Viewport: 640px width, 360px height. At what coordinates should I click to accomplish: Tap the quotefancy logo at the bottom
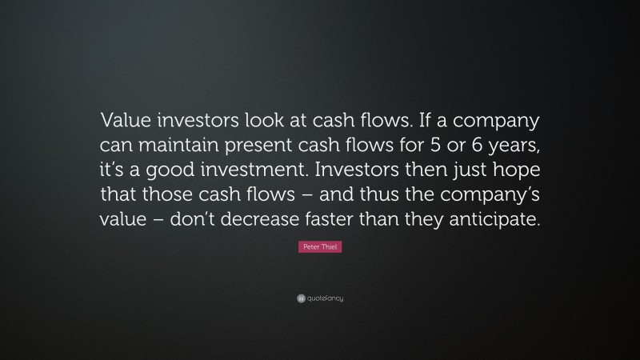pos(319,298)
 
